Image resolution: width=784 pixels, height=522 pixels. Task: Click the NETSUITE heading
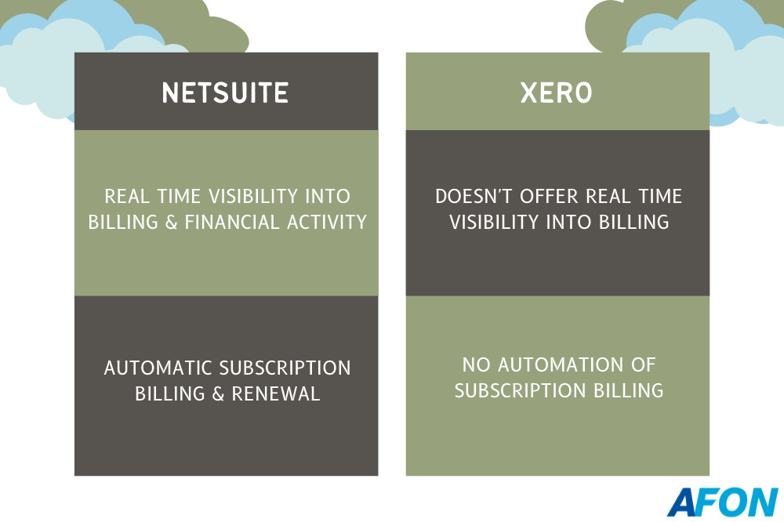tap(226, 93)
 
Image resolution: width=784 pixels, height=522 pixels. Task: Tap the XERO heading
tap(557, 93)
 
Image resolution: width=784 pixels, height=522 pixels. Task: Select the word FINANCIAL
tap(231, 222)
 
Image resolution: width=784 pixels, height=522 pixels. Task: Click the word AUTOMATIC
tap(158, 368)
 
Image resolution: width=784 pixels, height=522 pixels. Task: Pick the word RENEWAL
tap(275, 394)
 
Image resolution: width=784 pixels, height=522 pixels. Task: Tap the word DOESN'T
tap(474, 196)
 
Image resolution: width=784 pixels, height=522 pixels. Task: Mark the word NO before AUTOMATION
tap(476, 365)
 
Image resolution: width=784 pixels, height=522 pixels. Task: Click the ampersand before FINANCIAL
tap(171, 222)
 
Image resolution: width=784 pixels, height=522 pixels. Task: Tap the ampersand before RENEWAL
tap(218, 394)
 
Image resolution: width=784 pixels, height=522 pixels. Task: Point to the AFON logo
tap(723, 502)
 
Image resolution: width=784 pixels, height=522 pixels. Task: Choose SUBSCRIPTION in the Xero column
tap(520, 390)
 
